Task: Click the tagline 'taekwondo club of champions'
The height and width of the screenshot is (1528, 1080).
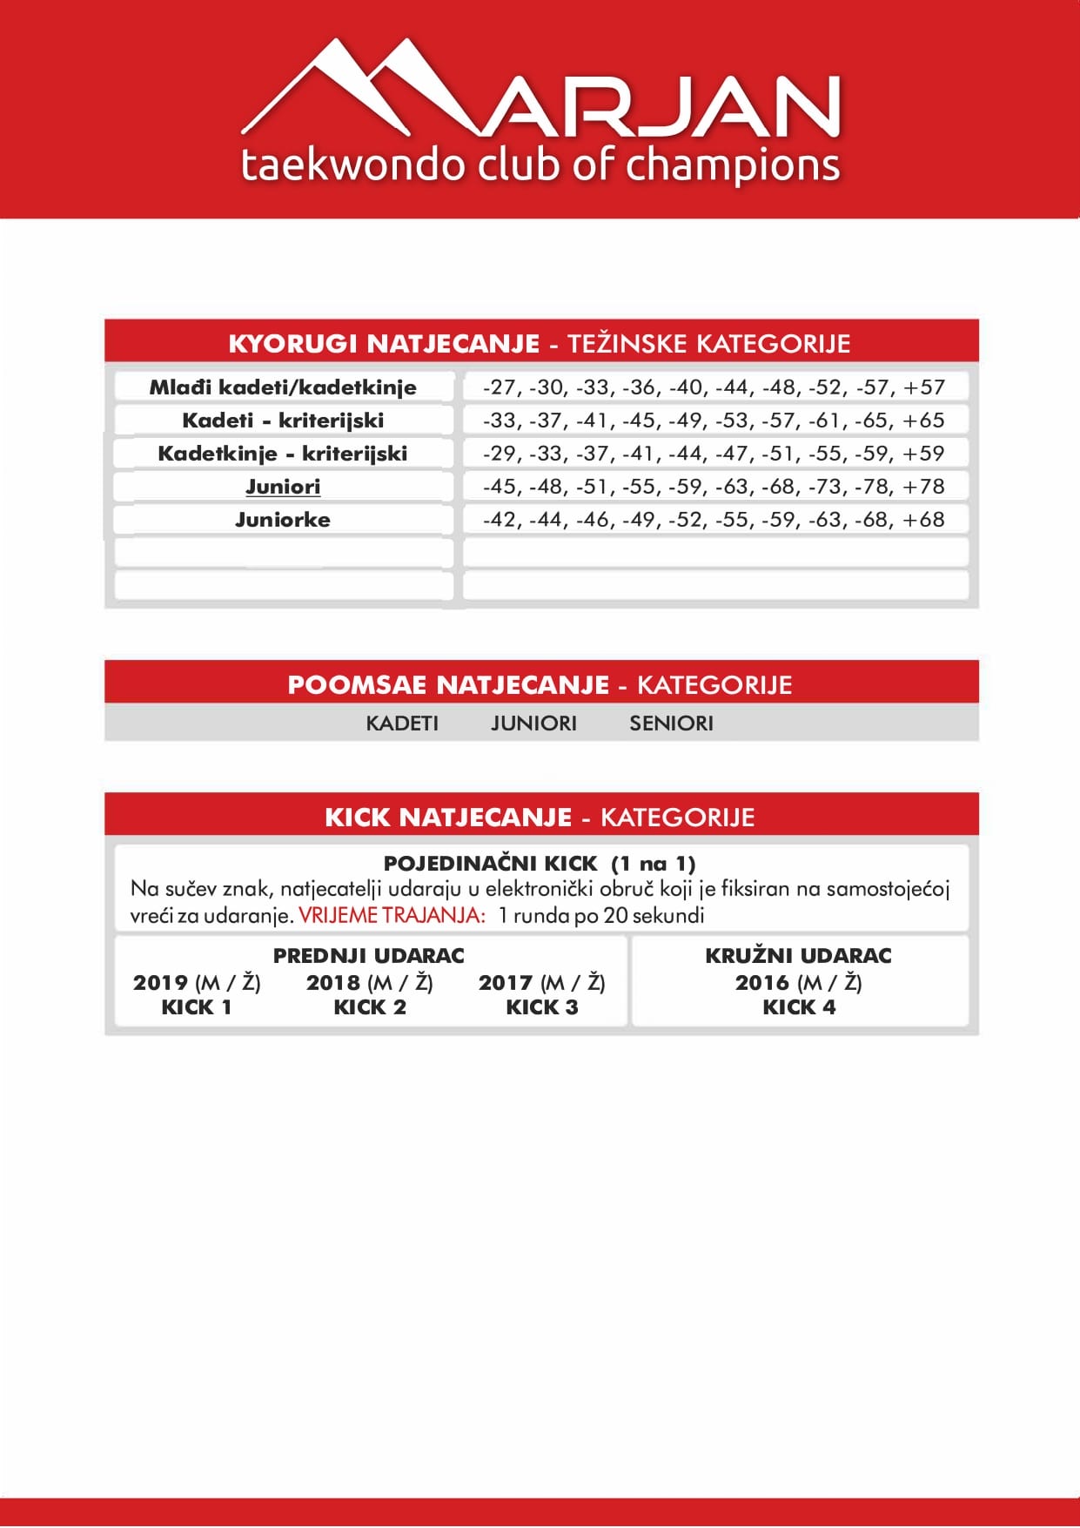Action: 540,165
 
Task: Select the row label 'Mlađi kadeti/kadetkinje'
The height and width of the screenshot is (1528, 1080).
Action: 283,387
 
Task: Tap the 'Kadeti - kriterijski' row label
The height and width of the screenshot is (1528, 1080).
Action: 283,420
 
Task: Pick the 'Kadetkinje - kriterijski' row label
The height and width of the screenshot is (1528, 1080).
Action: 283,453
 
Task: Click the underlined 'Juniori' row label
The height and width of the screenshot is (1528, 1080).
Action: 283,486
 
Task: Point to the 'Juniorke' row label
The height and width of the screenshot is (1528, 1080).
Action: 283,519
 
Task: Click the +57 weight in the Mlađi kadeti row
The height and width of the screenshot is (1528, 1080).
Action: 923,387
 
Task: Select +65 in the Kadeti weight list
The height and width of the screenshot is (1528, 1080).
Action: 923,420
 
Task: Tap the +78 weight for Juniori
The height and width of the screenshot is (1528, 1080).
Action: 923,486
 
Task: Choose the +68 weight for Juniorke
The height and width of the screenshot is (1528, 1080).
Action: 923,519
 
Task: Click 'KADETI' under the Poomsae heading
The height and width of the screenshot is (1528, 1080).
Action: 402,723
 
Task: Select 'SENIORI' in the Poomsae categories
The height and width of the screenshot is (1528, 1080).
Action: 671,723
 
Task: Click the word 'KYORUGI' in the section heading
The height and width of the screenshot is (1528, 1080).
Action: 292,343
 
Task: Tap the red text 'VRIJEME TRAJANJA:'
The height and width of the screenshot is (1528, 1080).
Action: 392,915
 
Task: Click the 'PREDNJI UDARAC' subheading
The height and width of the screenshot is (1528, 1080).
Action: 369,955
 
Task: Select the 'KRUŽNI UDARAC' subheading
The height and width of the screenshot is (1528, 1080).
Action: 798,955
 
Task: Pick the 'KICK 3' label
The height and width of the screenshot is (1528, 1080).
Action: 541,1006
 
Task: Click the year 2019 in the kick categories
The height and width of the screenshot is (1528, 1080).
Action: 161,982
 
